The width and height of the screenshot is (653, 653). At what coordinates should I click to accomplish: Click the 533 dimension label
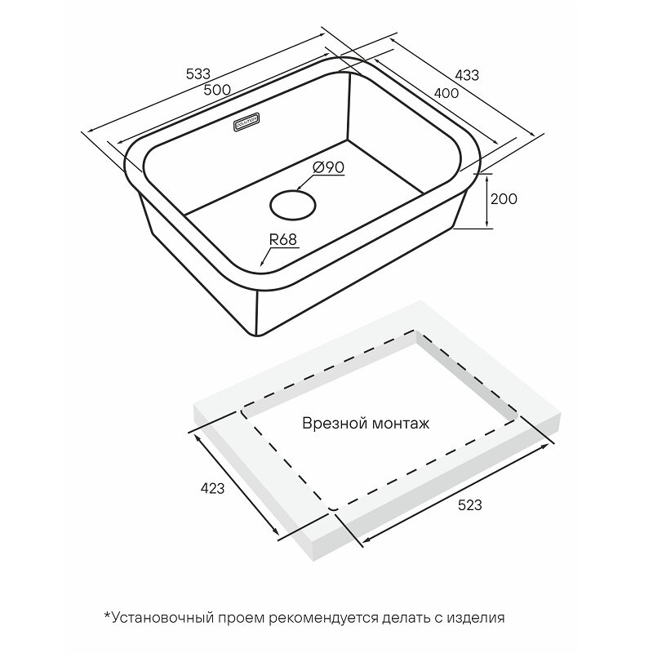coord(198,74)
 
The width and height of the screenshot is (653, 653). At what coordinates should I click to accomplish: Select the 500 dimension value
coord(217,90)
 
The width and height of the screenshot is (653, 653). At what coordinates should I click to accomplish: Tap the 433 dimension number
coord(467,75)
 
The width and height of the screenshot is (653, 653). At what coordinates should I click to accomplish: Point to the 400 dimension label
coord(446,93)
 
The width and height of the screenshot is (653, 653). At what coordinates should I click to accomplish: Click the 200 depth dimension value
coord(504,199)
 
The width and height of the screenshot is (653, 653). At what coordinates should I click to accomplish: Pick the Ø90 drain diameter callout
coord(329,167)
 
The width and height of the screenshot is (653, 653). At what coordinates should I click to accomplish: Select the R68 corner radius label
coord(283,239)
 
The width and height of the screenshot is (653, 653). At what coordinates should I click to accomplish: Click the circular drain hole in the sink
coord(293,205)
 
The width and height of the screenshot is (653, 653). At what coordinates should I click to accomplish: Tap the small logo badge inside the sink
coord(247,123)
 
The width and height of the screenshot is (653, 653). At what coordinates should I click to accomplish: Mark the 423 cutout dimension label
coord(212,488)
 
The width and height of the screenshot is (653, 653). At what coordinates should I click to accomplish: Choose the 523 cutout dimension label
coord(470,505)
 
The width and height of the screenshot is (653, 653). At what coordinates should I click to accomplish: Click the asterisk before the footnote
coord(107,615)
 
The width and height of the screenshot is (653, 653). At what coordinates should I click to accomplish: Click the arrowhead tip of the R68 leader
coord(260,265)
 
